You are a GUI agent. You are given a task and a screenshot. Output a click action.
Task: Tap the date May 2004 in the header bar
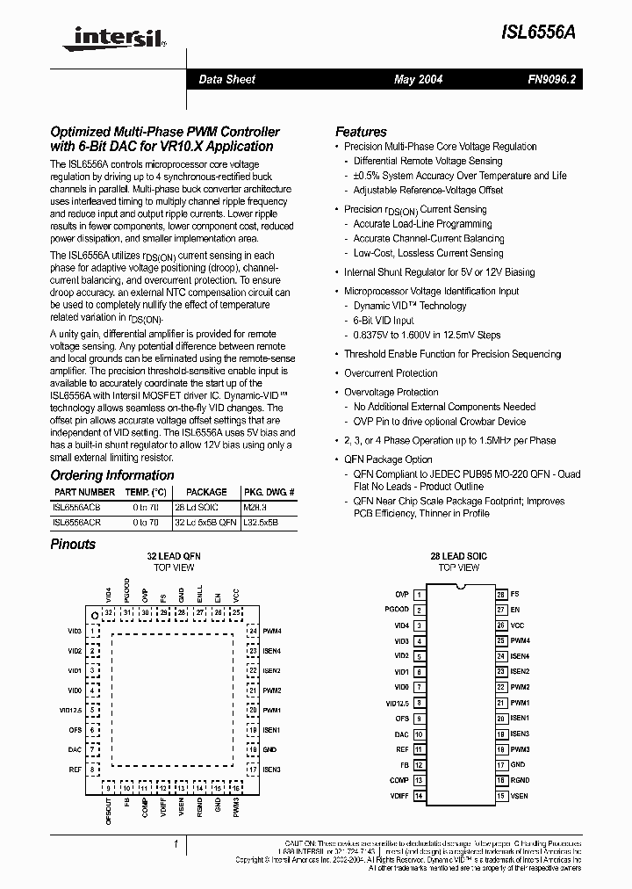418,80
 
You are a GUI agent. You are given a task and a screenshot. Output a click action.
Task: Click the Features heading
361,132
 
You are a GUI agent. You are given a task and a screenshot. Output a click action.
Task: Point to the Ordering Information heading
111,475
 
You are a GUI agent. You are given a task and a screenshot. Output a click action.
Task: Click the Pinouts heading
73,544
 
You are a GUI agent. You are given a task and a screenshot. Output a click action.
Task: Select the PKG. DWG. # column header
269,493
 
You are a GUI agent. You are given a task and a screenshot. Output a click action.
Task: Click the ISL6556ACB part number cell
76,508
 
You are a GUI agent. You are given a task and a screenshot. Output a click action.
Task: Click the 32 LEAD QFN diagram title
173,557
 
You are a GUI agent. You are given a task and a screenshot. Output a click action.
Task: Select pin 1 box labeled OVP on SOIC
419,595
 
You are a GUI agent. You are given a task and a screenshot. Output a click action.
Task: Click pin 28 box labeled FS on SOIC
501,595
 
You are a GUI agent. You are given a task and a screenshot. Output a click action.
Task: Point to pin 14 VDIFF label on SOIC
399,796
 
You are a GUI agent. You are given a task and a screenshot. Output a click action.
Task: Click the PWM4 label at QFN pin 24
271,631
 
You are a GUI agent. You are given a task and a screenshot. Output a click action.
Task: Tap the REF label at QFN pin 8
75,769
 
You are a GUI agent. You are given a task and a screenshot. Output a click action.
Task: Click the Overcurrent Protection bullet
391,373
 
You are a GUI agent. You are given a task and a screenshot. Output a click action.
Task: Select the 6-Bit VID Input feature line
384,321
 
